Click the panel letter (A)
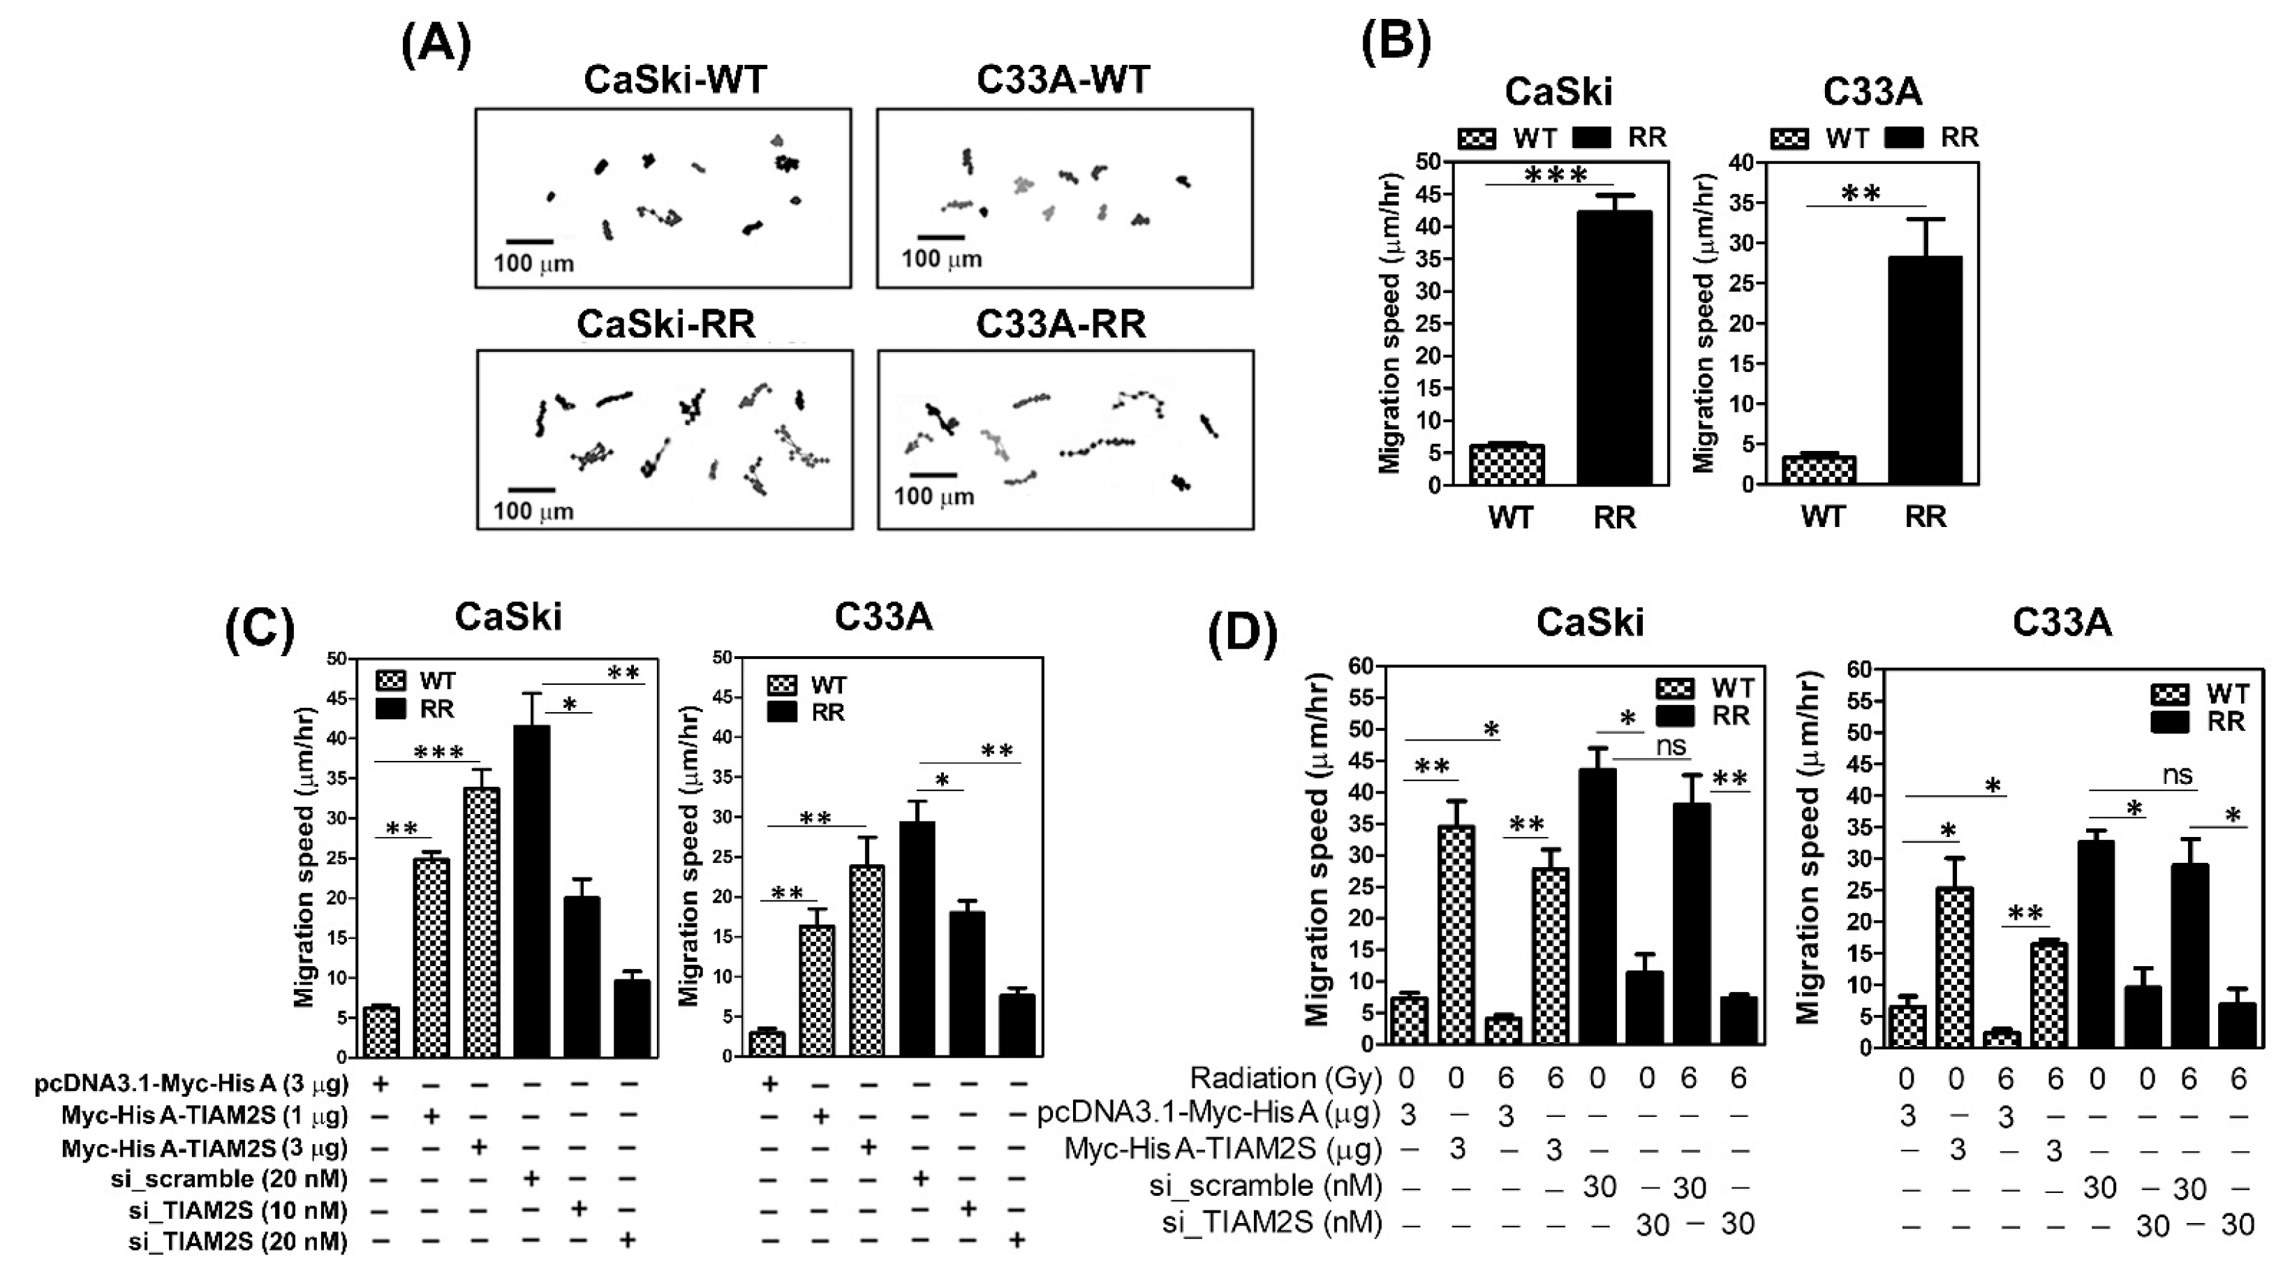[436, 46]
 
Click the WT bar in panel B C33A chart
[1819, 470]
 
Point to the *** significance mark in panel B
[1556, 175]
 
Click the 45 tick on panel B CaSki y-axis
[1428, 195]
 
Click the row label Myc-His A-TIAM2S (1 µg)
[205, 1115]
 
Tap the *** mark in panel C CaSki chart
[438, 753]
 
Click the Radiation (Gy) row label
[1285, 1079]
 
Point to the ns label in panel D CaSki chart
[1671, 746]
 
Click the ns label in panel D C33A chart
[2177, 776]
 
